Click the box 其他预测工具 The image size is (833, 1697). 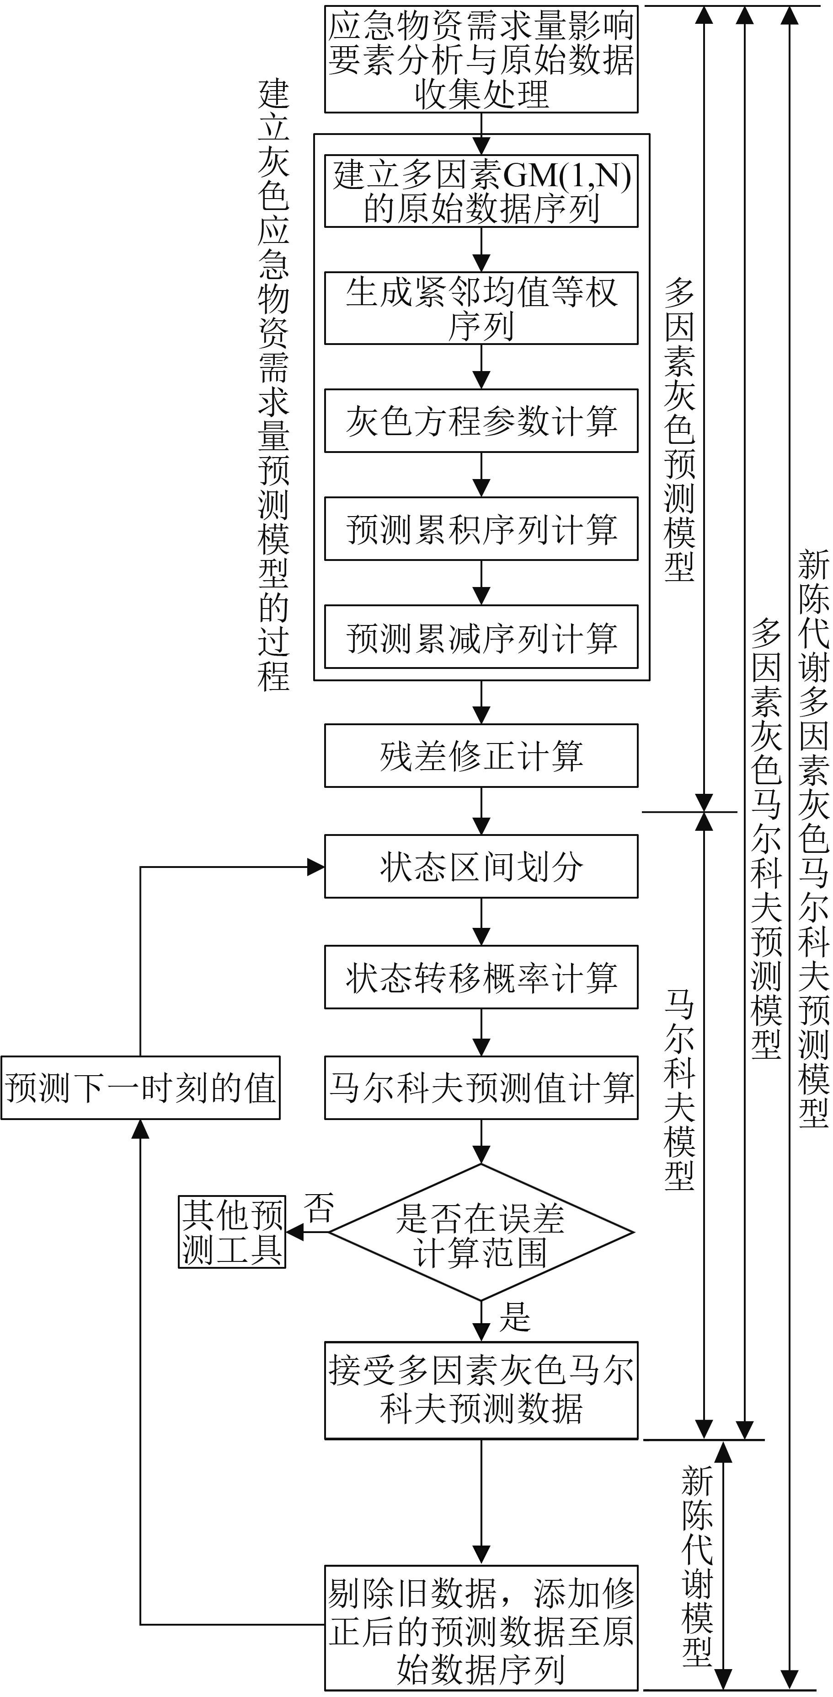[x=232, y=1231]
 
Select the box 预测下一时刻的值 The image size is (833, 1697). [x=140, y=1088]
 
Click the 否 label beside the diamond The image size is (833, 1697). [x=318, y=1207]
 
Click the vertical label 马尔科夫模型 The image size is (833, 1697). [x=678, y=1088]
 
